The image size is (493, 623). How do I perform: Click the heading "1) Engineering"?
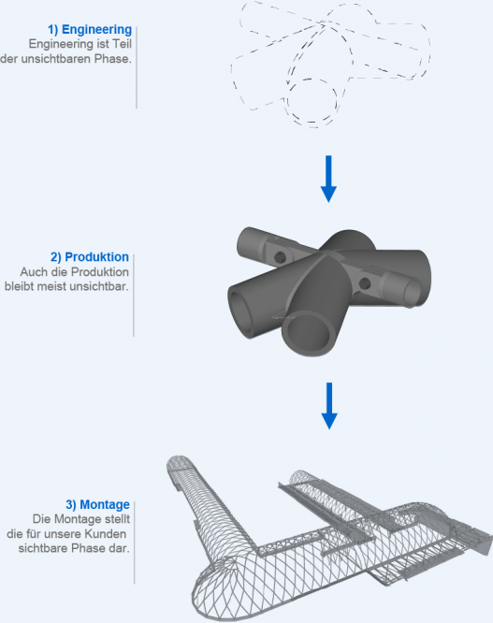click(x=90, y=29)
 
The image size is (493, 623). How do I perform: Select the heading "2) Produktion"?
click(x=90, y=257)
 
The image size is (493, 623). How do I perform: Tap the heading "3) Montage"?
click(x=97, y=504)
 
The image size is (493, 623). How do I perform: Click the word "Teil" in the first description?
click(x=122, y=44)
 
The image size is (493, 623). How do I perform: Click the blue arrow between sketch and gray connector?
click(x=328, y=179)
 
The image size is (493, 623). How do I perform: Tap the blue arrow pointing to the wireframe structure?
click(x=329, y=406)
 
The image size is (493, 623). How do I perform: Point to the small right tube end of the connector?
click(x=413, y=292)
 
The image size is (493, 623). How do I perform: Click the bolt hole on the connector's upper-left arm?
click(x=280, y=257)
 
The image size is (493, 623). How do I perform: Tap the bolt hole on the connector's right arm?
click(x=365, y=283)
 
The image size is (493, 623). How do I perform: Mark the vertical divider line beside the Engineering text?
click(x=137, y=67)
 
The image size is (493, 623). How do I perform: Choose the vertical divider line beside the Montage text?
click(x=135, y=543)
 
